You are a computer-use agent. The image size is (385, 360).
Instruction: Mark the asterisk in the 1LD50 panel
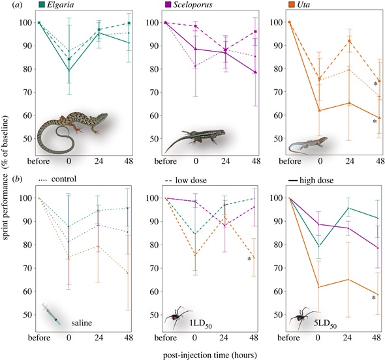[x=249, y=259]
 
